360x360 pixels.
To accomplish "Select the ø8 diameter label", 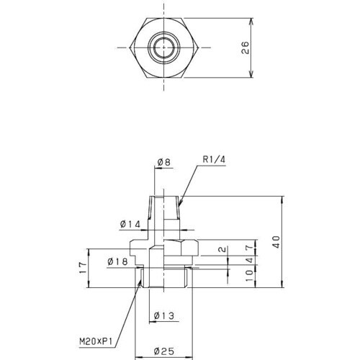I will pyautogui.click(x=163, y=163).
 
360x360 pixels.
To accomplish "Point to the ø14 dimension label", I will pyautogui.click(x=130, y=225).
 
